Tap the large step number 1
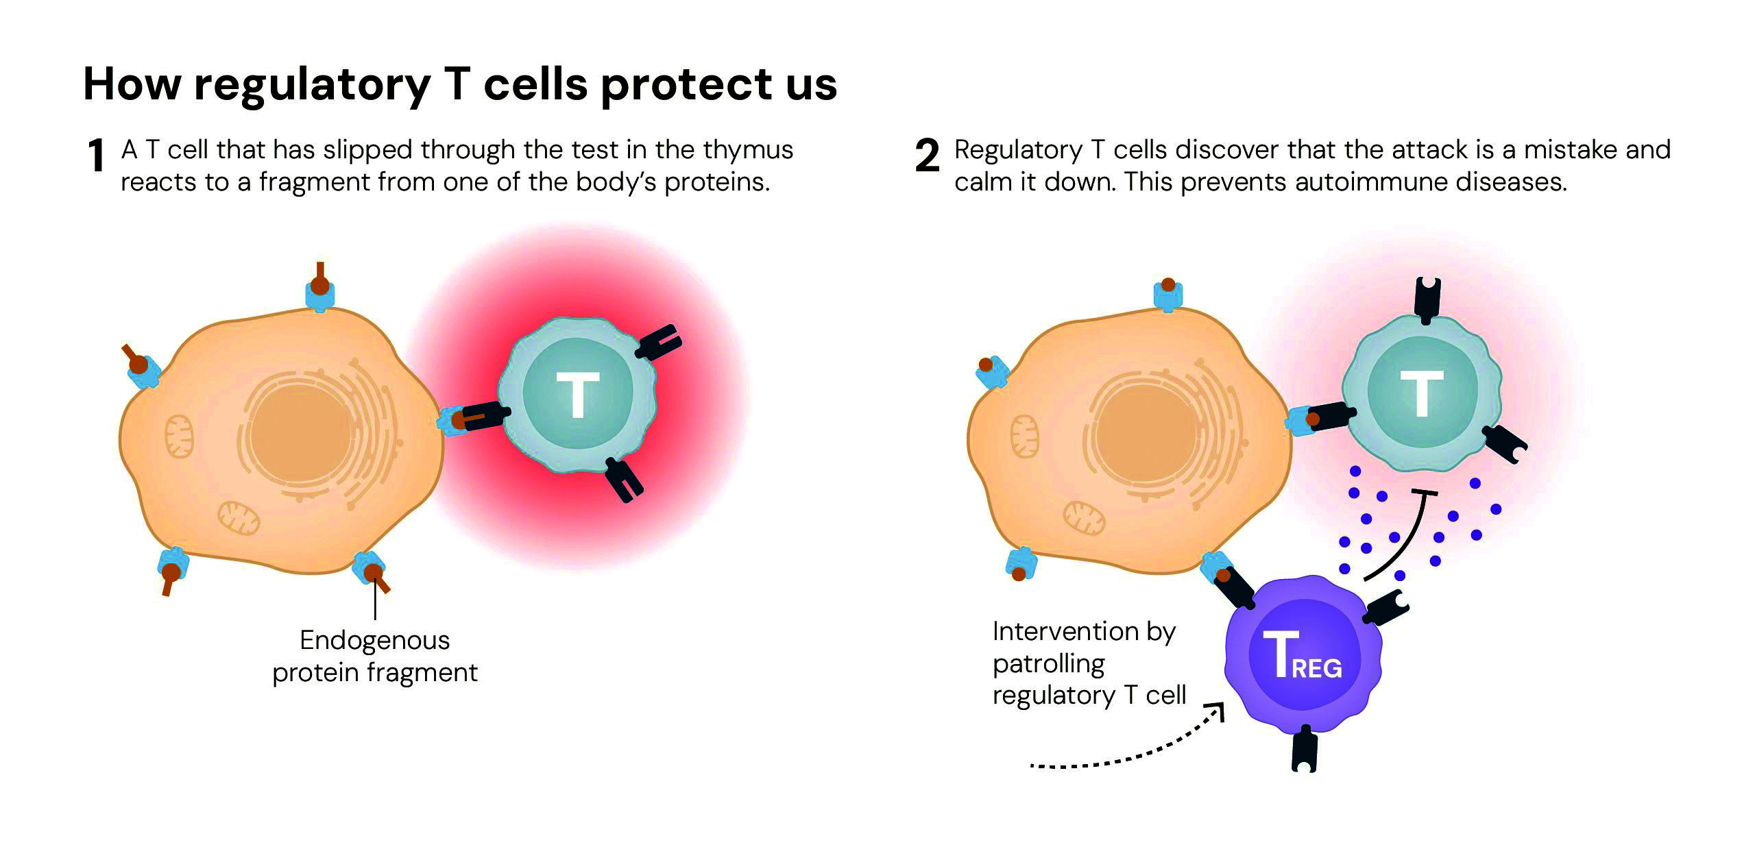click(97, 156)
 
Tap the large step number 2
click(928, 156)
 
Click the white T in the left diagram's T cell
click(577, 395)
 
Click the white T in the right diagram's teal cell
click(1422, 393)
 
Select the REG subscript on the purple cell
click(1317, 667)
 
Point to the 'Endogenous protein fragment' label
click(375, 656)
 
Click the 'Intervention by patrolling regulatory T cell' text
click(1089, 663)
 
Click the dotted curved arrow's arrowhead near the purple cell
click(1218, 713)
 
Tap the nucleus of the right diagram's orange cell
click(1149, 434)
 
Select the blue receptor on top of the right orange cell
click(1168, 295)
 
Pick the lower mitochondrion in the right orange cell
click(1085, 519)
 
